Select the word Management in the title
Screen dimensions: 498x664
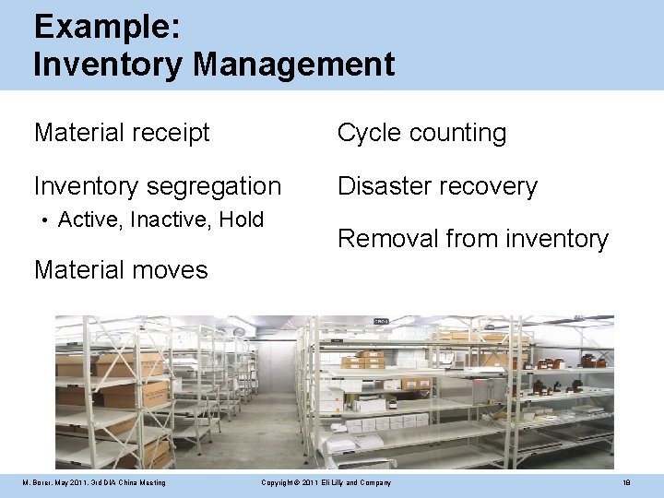click(x=294, y=65)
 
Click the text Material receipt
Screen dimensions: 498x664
click(x=122, y=133)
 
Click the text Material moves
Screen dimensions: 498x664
click(x=121, y=270)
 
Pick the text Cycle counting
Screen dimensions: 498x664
click(x=421, y=133)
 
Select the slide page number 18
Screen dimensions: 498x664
click(x=626, y=483)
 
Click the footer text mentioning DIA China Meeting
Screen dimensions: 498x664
click(x=95, y=483)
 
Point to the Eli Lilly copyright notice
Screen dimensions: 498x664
click(x=326, y=483)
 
